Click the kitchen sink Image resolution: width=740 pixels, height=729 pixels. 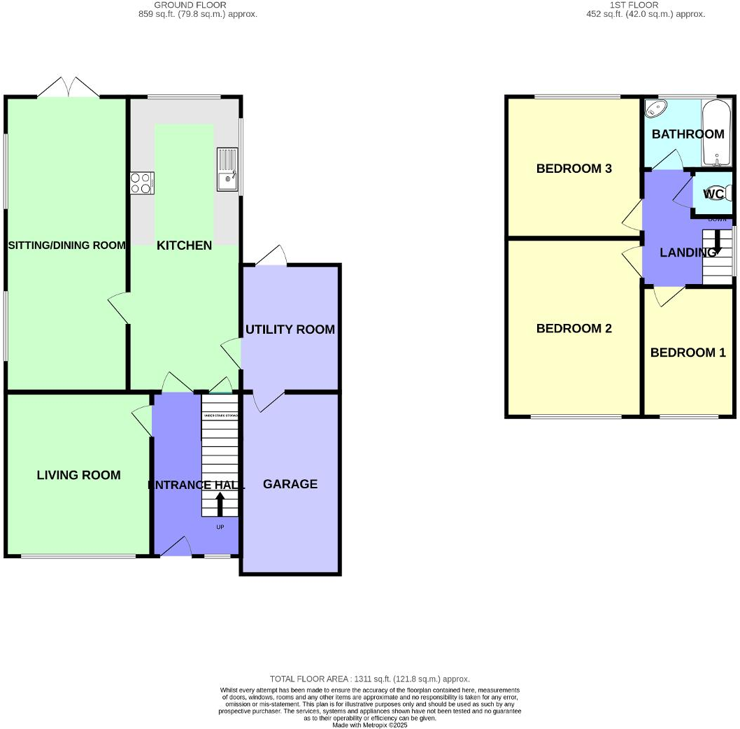227,170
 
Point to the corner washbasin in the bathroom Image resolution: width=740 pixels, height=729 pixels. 655,108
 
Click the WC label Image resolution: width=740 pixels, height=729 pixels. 713,194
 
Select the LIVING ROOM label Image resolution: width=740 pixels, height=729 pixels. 78,475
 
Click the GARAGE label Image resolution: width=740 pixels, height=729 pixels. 290,484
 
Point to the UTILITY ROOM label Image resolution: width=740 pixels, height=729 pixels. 290,330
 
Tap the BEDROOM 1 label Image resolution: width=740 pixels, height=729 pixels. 688,353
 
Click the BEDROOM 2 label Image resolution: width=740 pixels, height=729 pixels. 574,329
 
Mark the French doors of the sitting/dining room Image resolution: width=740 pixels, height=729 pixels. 68,88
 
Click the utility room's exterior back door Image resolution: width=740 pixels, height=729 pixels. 271,255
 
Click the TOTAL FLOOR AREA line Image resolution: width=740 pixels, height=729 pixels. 370,679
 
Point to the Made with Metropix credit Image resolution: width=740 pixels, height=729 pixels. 370,725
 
